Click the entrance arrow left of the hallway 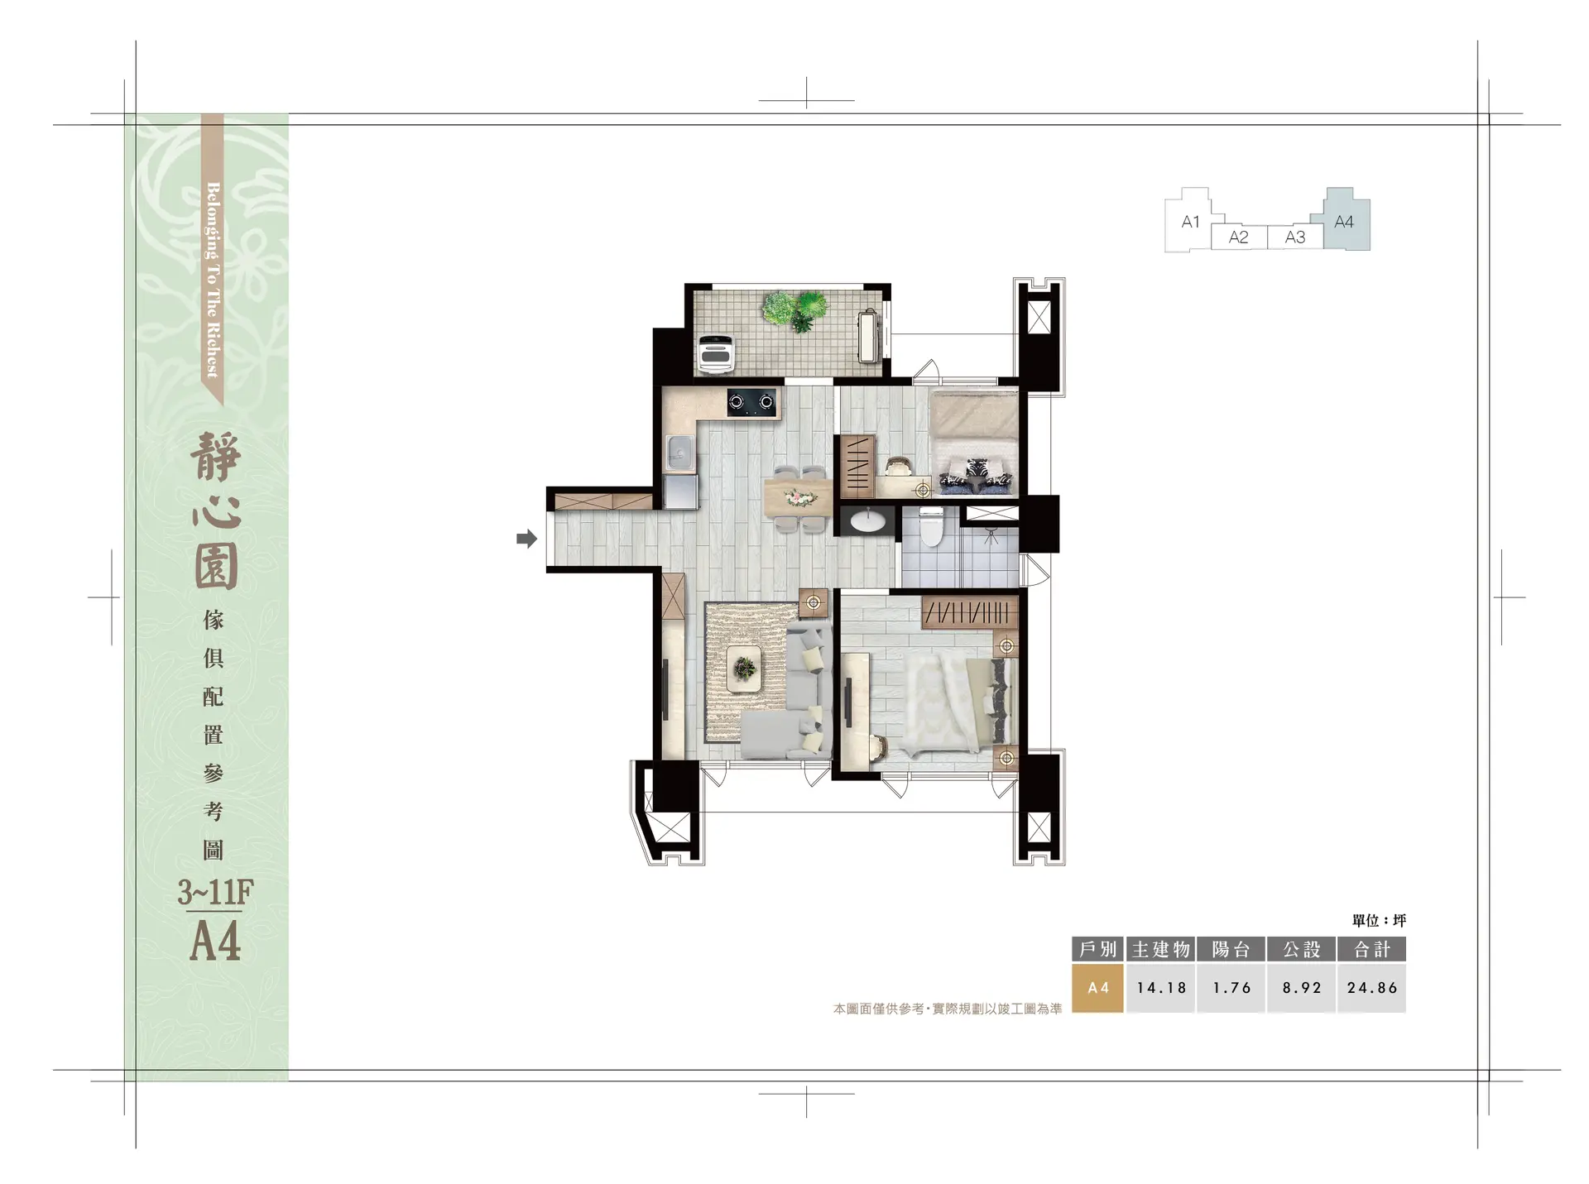point(526,539)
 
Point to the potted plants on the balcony point(794,310)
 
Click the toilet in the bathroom point(931,527)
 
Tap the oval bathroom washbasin point(867,521)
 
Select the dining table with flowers point(797,498)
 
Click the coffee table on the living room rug point(745,668)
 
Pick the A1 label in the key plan point(1190,222)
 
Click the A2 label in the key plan point(1238,237)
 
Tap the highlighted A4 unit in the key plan point(1347,219)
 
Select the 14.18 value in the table point(1161,988)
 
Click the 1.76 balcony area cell point(1231,988)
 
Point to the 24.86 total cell point(1372,988)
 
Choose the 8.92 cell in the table point(1302,988)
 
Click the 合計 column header point(1372,949)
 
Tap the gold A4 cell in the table point(1097,988)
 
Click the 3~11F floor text point(215,893)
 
